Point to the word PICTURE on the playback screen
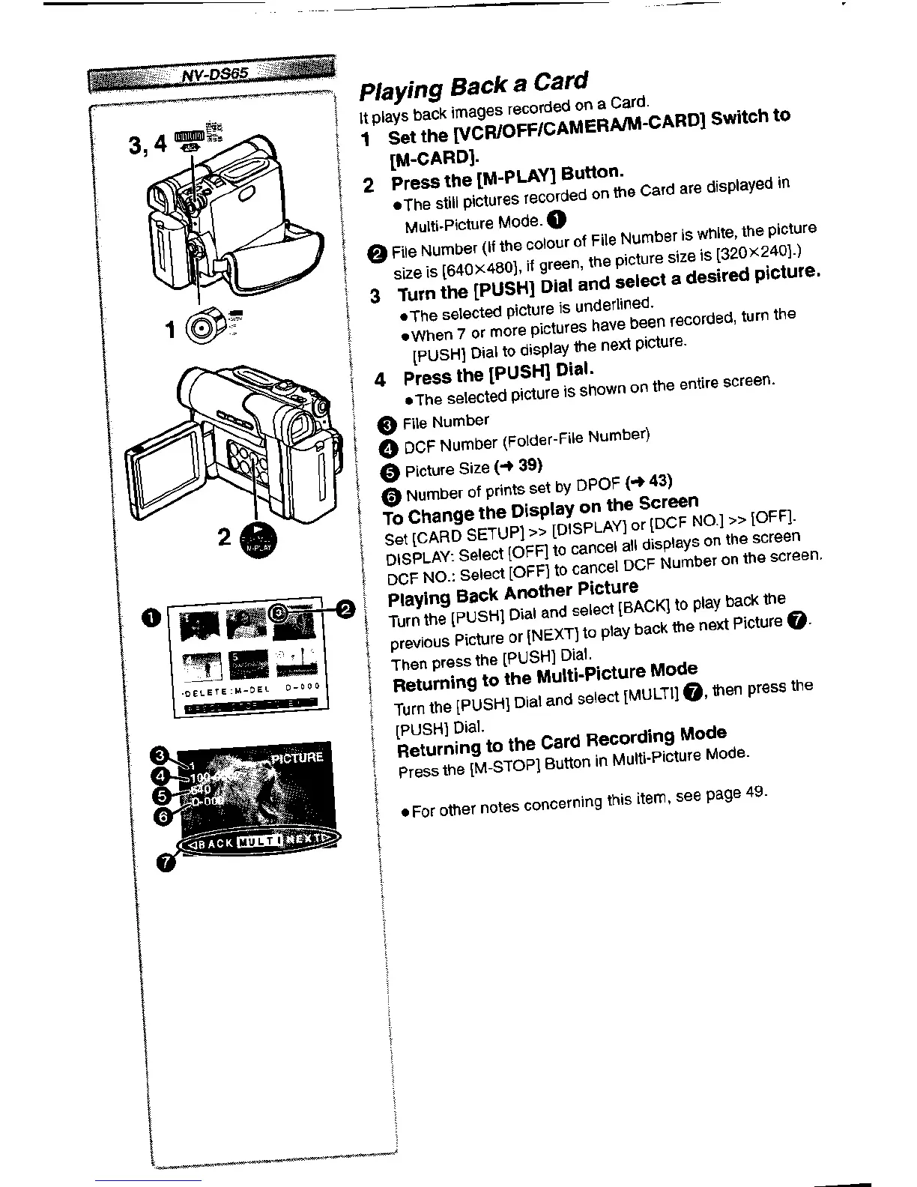tap(297, 758)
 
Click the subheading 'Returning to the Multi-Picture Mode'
tap(545, 675)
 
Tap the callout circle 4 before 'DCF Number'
tap(390, 448)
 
